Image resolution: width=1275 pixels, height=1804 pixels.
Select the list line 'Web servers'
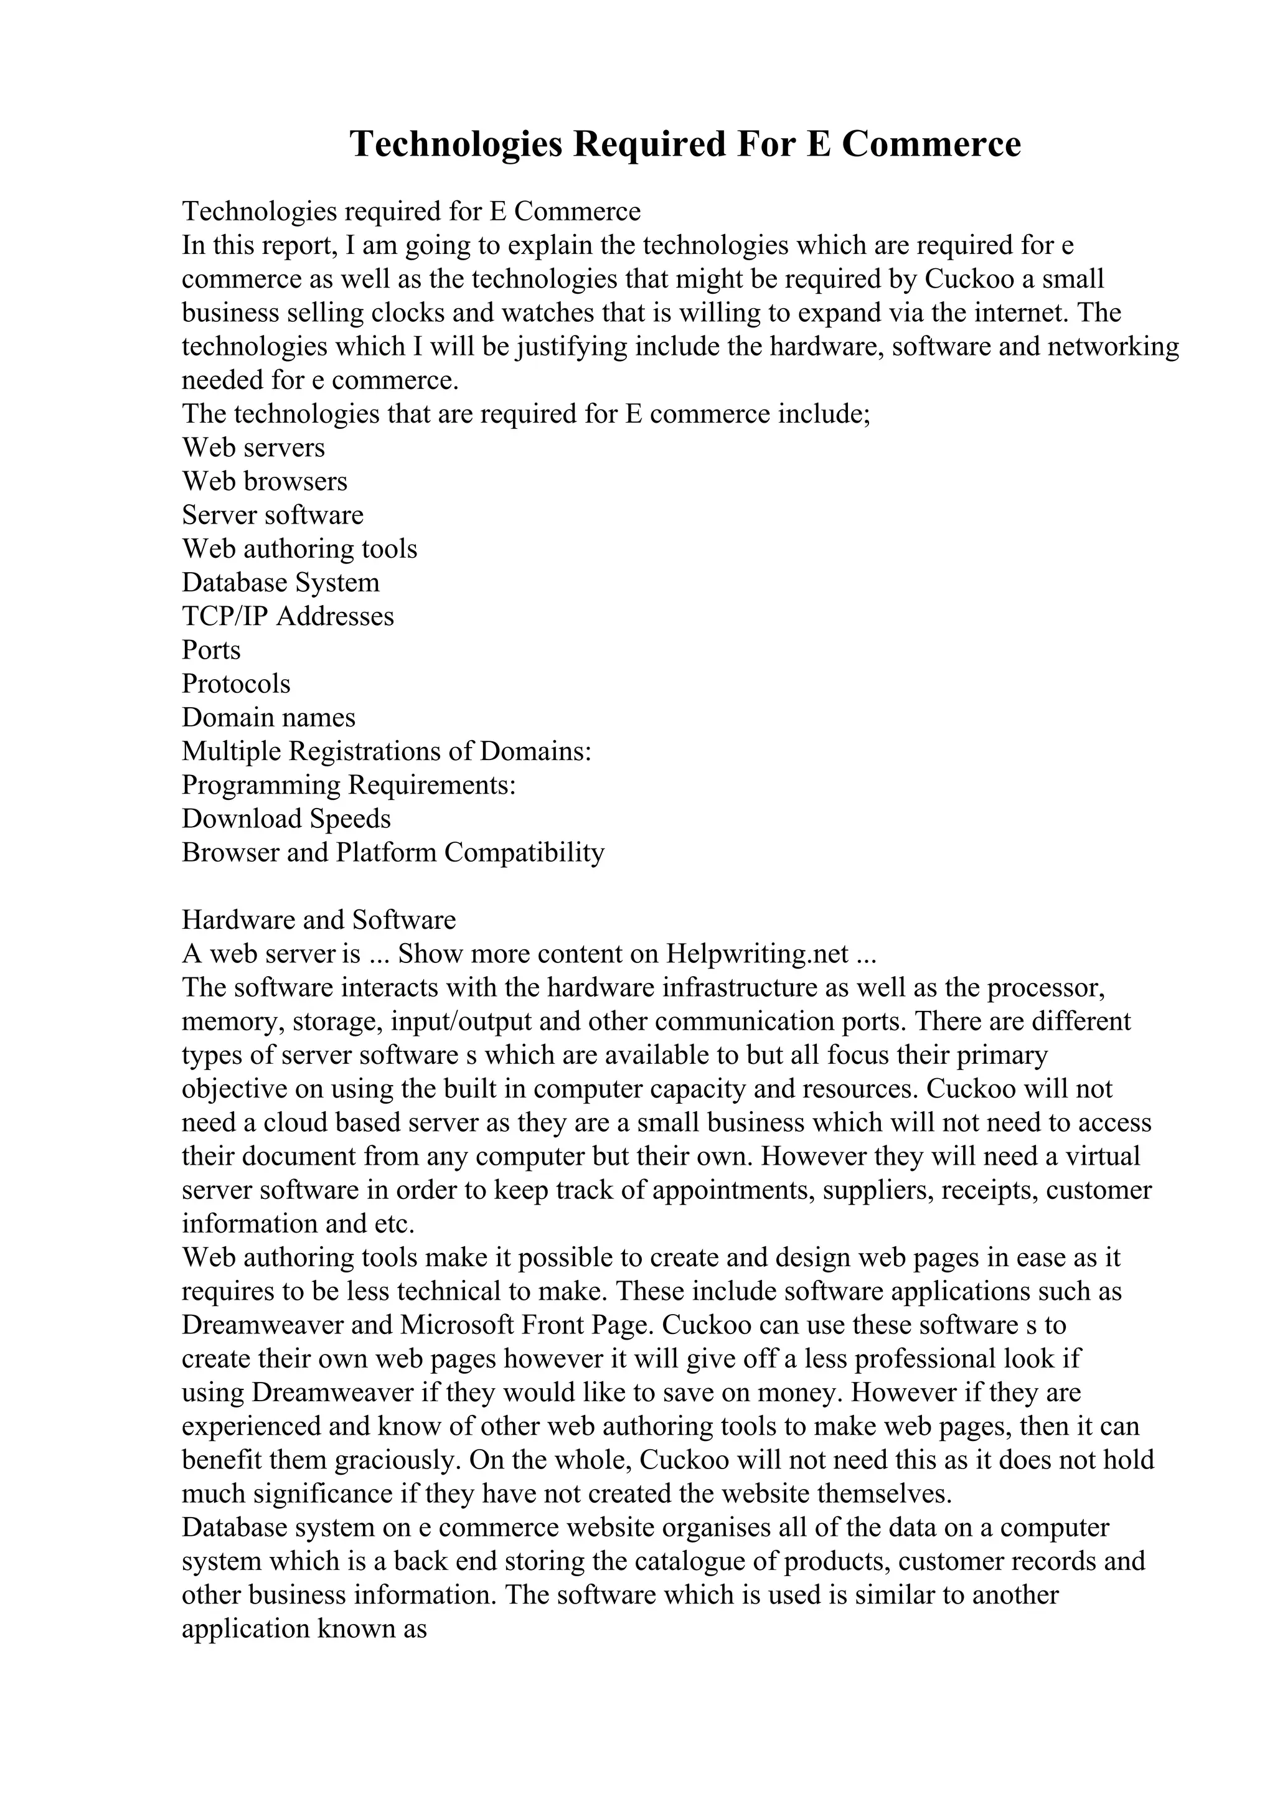pos(253,448)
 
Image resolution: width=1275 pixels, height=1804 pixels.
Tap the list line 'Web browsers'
pos(264,482)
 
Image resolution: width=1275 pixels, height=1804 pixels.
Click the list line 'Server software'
pos(273,515)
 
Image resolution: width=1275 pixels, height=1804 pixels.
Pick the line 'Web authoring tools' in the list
pos(299,549)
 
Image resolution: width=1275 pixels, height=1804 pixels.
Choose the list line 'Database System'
pos(280,583)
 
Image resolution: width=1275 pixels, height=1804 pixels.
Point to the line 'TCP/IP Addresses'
pos(288,616)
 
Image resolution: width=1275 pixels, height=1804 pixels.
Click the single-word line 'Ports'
pos(211,650)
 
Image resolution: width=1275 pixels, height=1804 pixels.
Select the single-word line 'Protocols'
pos(236,684)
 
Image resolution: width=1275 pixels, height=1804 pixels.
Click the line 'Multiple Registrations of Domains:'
pos(386,751)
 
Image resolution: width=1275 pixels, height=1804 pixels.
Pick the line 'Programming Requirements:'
pos(349,785)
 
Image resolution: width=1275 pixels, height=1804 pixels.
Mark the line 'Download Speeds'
pos(286,819)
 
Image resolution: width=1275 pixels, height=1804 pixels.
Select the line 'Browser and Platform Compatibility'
pos(393,852)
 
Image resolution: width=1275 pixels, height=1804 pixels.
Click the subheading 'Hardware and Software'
pos(318,920)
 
